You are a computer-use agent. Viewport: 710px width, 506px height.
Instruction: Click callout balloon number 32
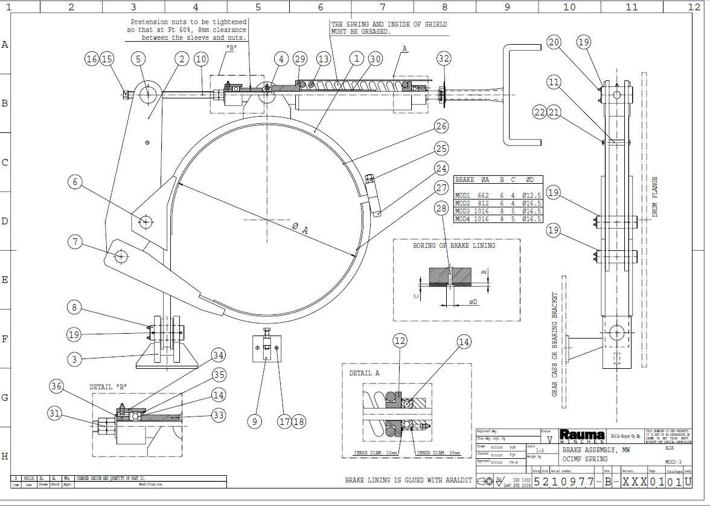click(x=444, y=59)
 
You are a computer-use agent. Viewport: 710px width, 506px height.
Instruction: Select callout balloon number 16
click(x=92, y=59)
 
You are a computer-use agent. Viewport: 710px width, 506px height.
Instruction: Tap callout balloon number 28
click(x=443, y=208)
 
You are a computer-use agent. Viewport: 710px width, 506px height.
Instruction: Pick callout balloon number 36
click(x=56, y=386)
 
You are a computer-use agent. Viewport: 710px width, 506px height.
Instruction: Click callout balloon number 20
click(x=555, y=42)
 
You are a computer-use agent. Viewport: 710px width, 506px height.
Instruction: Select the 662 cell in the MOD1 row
click(x=482, y=195)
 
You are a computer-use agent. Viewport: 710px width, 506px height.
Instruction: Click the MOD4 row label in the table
click(x=462, y=219)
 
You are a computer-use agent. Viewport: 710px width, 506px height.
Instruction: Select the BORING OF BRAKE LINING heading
click(x=454, y=245)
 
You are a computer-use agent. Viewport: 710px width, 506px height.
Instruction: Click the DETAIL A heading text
click(x=365, y=373)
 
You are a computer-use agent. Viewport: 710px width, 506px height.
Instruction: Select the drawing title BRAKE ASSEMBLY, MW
click(x=596, y=450)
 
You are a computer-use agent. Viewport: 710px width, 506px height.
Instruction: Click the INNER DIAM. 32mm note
click(x=375, y=453)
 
